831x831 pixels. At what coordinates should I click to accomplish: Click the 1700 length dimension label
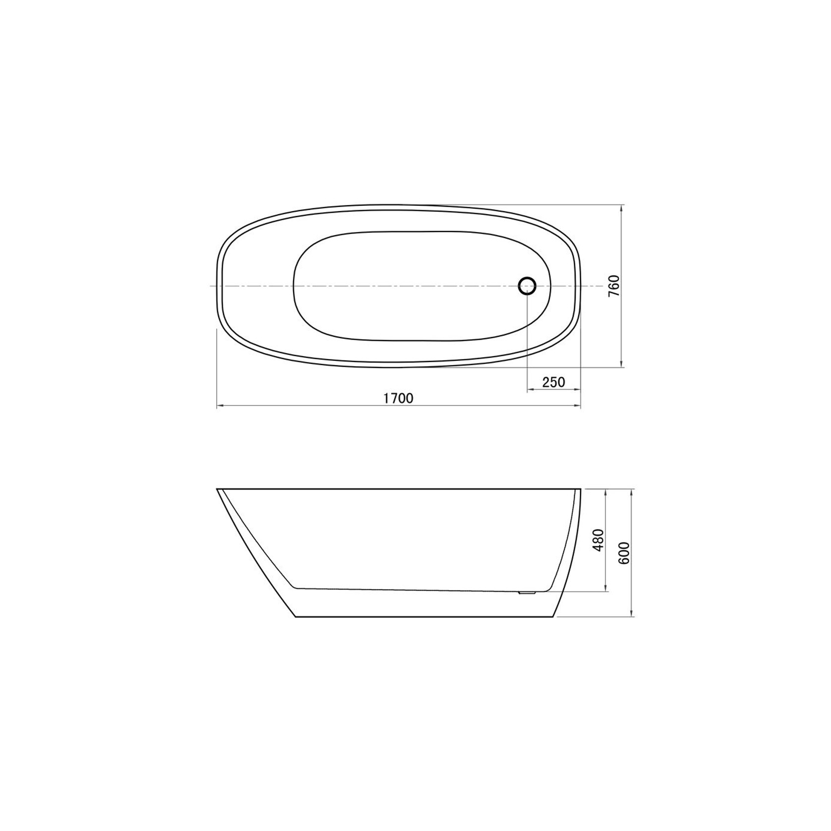point(399,398)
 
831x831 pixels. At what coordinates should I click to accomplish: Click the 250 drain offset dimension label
point(554,382)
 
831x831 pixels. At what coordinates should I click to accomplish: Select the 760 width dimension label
point(614,286)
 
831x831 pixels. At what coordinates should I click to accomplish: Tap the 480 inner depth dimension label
point(599,540)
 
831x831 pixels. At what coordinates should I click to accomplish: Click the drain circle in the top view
point(527,286)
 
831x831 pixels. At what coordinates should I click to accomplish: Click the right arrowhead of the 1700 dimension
point(577,406)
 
